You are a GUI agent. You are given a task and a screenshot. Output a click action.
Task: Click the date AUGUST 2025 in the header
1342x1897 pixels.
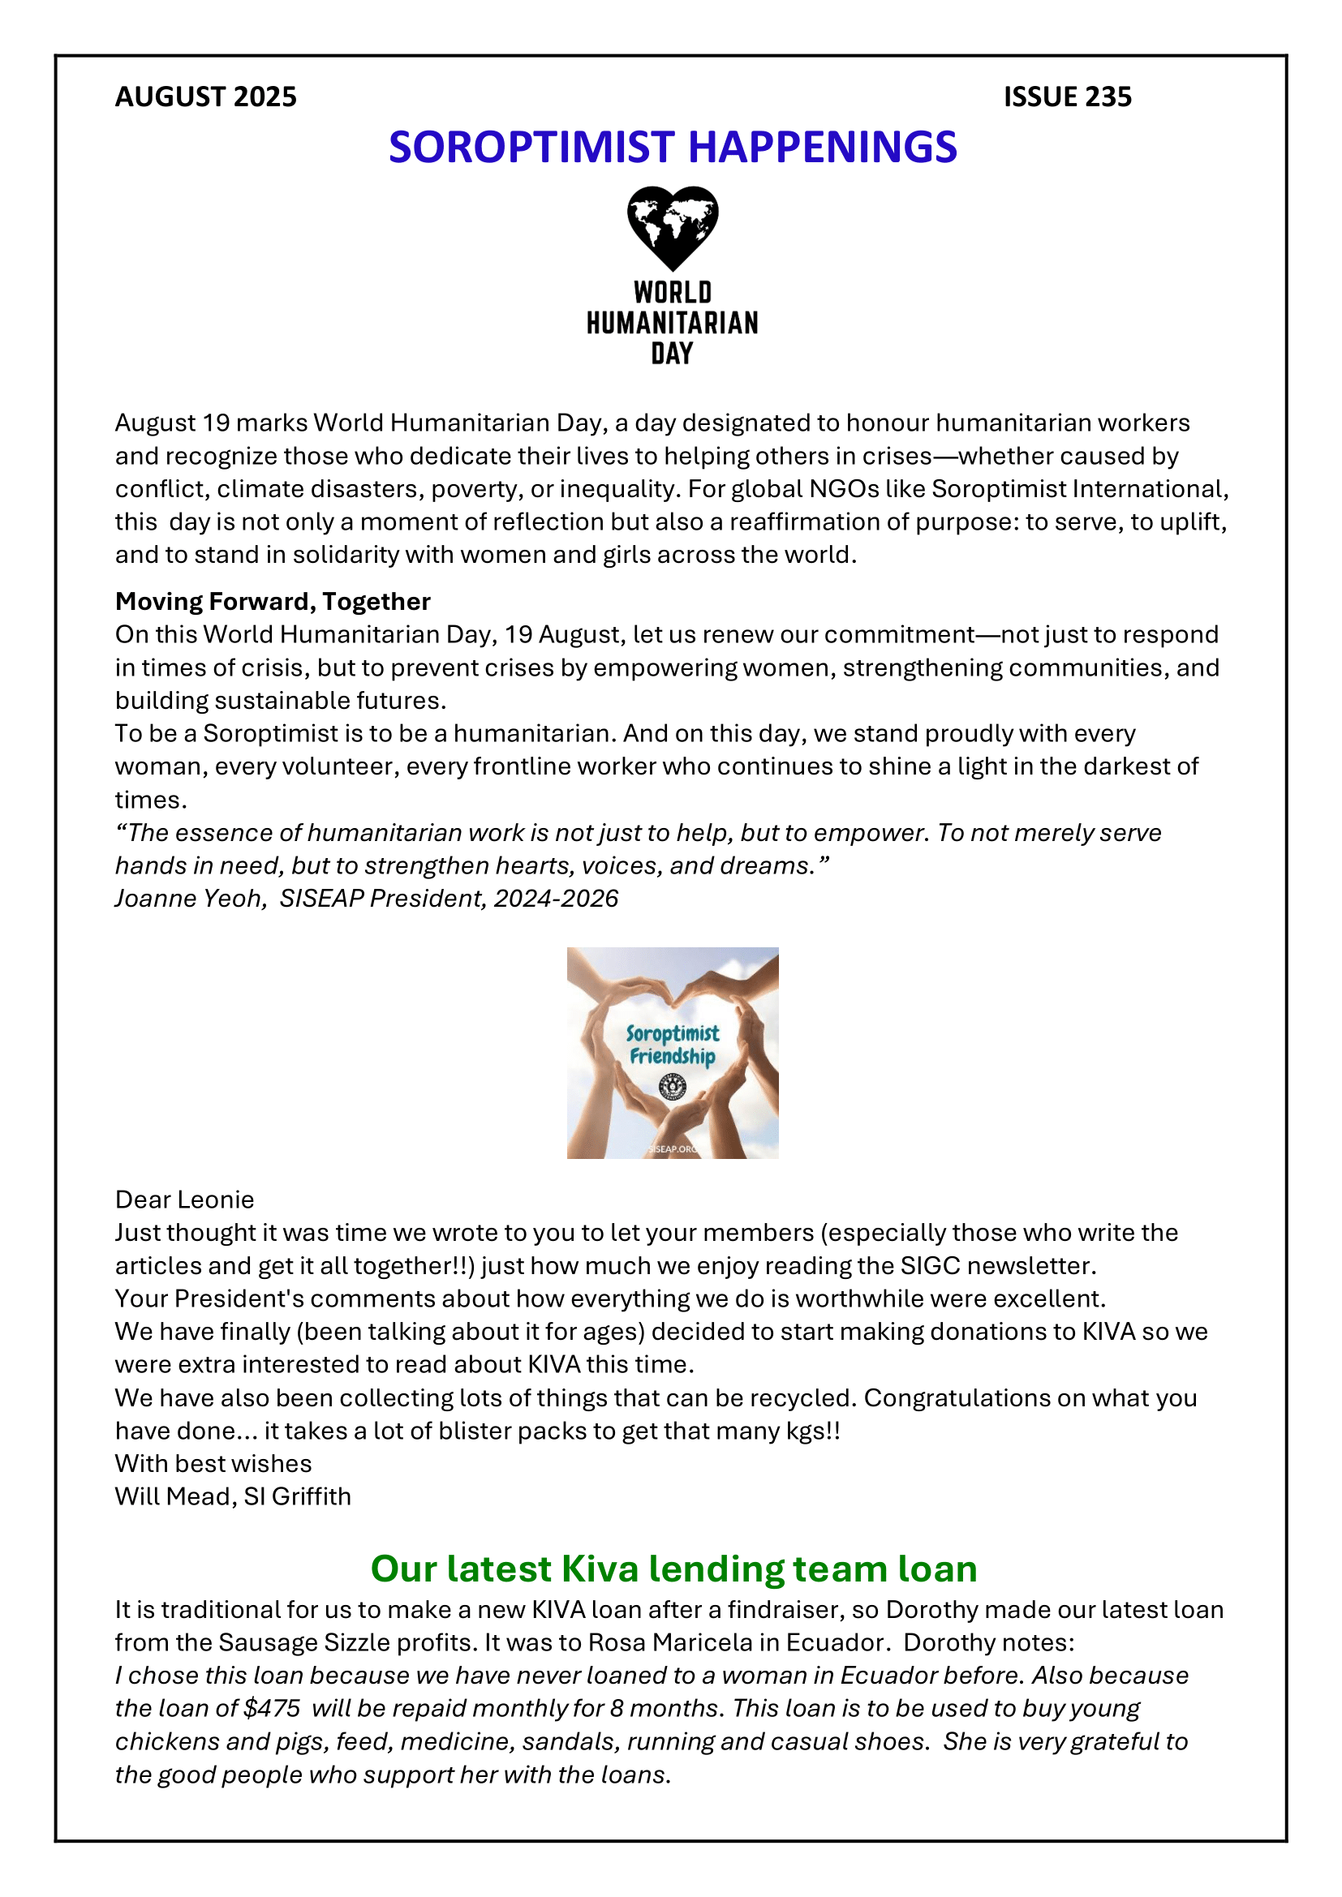[x=206, y=97]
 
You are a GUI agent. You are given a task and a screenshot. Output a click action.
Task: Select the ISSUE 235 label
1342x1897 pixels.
[x=1067, y=97]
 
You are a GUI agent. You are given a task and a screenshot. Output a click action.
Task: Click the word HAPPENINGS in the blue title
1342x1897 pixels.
[x=822, y=148]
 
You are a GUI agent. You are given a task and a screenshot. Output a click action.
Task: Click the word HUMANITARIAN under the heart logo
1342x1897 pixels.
[x=672, y=323]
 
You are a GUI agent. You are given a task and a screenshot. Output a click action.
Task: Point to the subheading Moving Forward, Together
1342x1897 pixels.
[x=273, y=602]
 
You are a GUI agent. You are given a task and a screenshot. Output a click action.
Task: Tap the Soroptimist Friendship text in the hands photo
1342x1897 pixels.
[x=672, y=1045]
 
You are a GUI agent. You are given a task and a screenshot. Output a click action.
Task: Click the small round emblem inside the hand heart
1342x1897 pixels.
[x=673, y=1086]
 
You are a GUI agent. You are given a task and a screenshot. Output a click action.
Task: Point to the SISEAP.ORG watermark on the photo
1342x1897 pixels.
[x=673, y=1149]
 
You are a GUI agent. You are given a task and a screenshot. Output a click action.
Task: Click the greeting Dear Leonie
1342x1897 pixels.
[x=184, y=1200]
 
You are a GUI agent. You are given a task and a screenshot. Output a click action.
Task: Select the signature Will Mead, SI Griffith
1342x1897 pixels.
[x=233, y=1496]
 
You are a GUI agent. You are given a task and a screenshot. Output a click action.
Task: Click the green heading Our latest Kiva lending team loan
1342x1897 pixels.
[x=673, y=1569]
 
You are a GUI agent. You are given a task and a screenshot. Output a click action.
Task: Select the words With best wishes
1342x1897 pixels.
[x=213, y=1463]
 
